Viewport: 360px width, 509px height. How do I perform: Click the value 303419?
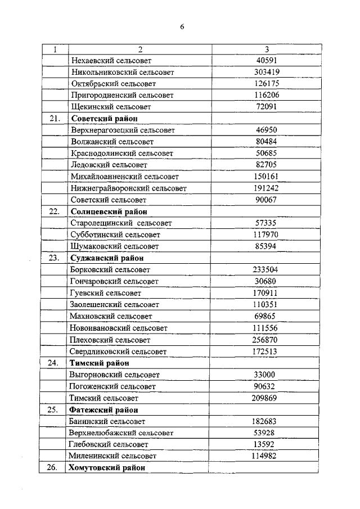pyautogui.click(x=267, y=72)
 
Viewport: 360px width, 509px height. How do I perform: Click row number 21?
pyautogui.click(x=54, y=119)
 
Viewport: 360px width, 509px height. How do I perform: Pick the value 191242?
pyautogui.click(x=267, y=188)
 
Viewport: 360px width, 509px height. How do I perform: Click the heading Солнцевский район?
pyautogui.click(x=108, y=211)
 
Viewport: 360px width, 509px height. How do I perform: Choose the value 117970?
pyautogui.click(x=267, y=235)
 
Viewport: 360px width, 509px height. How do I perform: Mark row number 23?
pyautogui.click(x=54, y=258)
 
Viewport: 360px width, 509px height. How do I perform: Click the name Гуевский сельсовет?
pyautogui.click(x=107, y=293)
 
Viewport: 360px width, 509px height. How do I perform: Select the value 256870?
pyautogui.click(x=267, y=340)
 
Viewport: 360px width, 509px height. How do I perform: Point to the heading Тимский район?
pyautogui.click(x=98, y=363)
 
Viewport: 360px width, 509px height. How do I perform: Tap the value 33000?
pyautogui.click(x=267, y=375)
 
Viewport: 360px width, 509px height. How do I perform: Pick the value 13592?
pyautogui.click(x=267, y=444)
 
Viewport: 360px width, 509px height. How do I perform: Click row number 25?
pyautogui.click(x=54, y=409)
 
